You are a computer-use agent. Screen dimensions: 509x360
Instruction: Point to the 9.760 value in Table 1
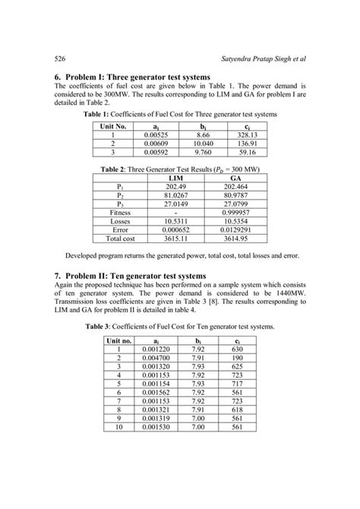201,151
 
